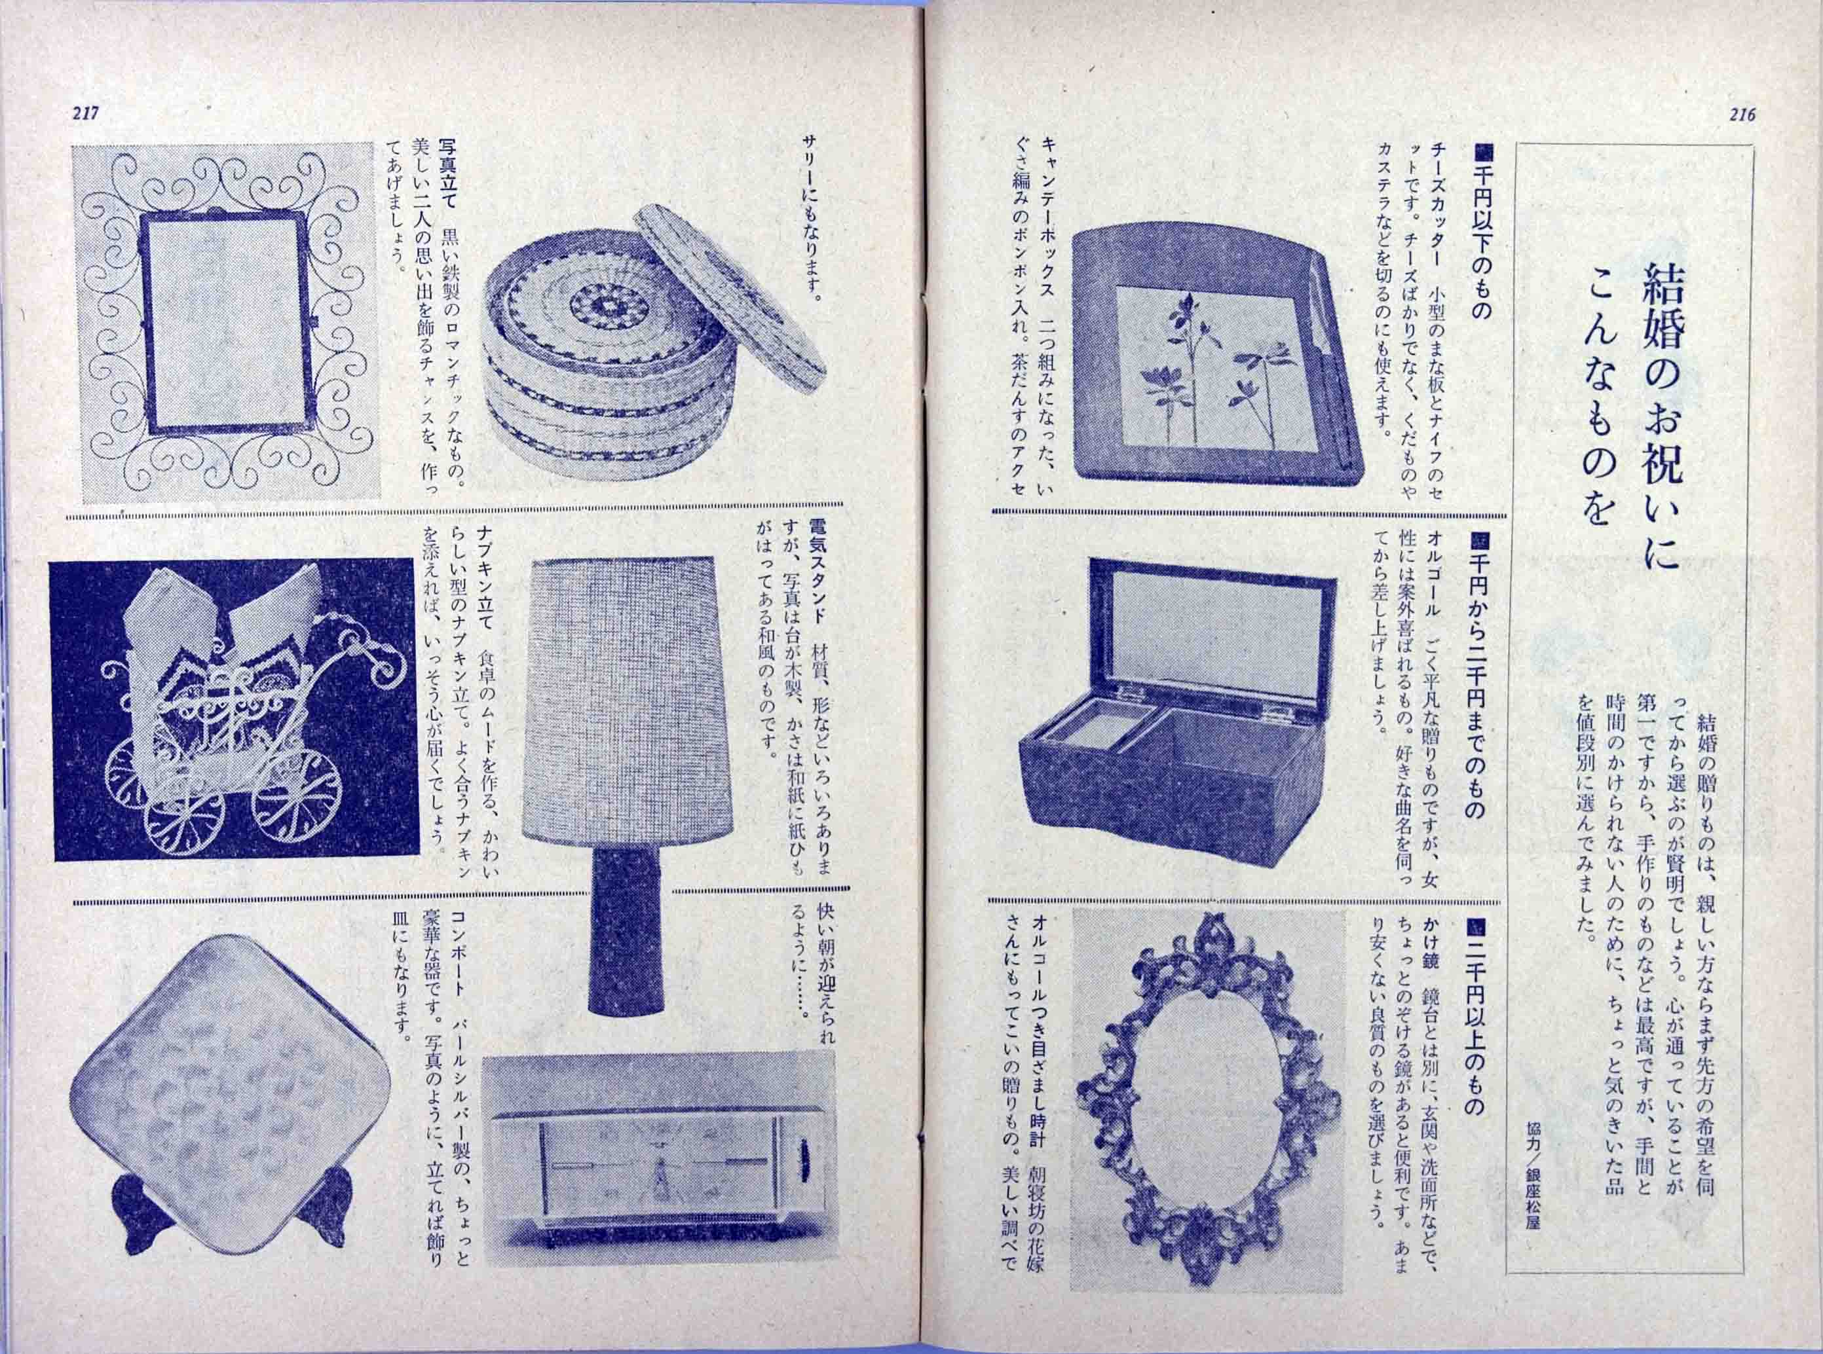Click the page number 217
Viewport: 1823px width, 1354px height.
point(85,115)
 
